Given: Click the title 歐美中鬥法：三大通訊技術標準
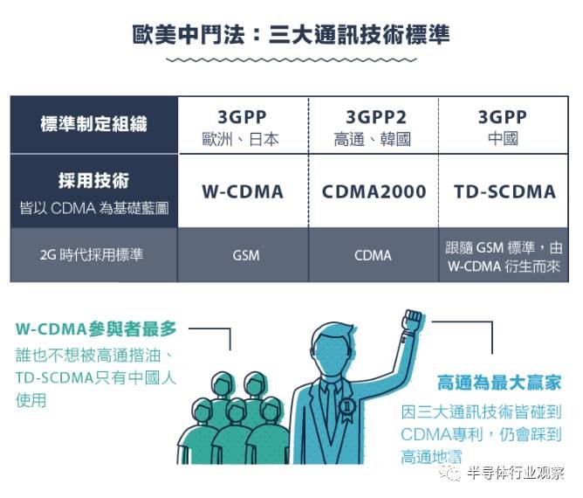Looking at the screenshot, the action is [291, 35].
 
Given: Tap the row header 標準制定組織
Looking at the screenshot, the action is [94, 124].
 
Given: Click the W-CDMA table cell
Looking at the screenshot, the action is [243, 191].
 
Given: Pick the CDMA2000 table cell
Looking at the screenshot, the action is [374, 191].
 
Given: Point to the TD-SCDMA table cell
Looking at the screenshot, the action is [504, 191].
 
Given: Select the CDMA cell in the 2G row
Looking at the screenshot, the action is [373, 256].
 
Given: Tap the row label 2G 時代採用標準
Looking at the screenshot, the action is [92, 255].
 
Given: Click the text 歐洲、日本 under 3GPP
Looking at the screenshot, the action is [241, 139].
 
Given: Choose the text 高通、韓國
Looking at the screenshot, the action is [372, 139].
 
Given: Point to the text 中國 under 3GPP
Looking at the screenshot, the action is [503, 138].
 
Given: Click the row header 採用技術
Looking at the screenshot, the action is [93, 181].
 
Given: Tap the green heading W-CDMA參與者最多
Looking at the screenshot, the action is [96, 329].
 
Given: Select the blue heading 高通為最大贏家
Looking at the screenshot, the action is [499, 383].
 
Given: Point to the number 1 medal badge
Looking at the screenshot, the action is [346, 407].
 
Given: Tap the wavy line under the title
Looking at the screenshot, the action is [291, 59].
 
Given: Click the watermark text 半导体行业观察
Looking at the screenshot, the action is [516, 473].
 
